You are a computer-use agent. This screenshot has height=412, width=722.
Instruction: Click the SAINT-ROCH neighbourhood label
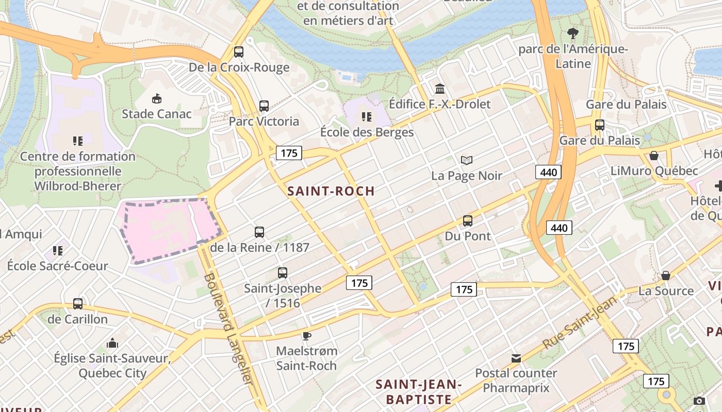coord(331,191)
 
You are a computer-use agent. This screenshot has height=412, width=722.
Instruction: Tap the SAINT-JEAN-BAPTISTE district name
coord(418,392)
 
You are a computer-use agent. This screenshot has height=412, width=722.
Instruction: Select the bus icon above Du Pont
coord(468,221)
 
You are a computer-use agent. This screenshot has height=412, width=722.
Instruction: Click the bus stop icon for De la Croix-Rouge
coord(238,52)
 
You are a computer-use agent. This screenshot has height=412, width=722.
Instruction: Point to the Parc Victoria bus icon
coord(264,106)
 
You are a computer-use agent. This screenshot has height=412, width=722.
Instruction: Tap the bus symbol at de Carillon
coord(78,304)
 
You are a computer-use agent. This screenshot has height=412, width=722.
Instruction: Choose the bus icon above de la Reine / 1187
coord(259,232)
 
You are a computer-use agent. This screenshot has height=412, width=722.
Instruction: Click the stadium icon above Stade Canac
coord(156,98)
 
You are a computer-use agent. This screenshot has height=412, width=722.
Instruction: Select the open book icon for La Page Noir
coord(467,161)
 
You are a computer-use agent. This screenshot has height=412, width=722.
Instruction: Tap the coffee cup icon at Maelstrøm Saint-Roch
coord(307,336)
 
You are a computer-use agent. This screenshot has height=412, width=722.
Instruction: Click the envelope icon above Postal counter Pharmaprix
coord(516,358)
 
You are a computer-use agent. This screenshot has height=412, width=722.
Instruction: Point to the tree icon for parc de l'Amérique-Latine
coord(572,35)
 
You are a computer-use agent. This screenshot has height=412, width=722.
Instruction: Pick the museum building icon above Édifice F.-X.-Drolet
coord(439,89)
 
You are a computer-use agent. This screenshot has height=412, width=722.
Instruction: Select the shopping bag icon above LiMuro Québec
coord(654,156)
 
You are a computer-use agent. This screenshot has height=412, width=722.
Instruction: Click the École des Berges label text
coord(367,132)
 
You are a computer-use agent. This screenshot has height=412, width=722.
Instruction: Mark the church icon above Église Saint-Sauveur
coord(112,343)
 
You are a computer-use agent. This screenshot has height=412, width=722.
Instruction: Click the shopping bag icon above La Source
coord(666,276)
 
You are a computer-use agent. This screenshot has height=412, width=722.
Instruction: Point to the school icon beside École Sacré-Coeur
coord(57,251)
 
